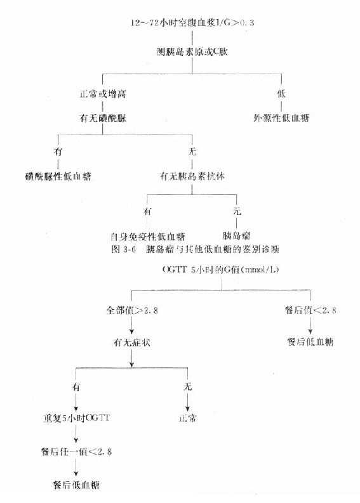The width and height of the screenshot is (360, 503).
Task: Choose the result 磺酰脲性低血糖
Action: click(55, 176)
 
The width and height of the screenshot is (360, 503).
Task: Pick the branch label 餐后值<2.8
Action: click(310, 311)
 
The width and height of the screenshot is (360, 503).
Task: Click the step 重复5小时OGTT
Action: click(74, 419)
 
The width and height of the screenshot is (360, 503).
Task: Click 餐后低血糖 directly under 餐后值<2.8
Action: click(310, 343)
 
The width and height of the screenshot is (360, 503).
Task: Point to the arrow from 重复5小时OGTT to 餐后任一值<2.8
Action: click(76, 436)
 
